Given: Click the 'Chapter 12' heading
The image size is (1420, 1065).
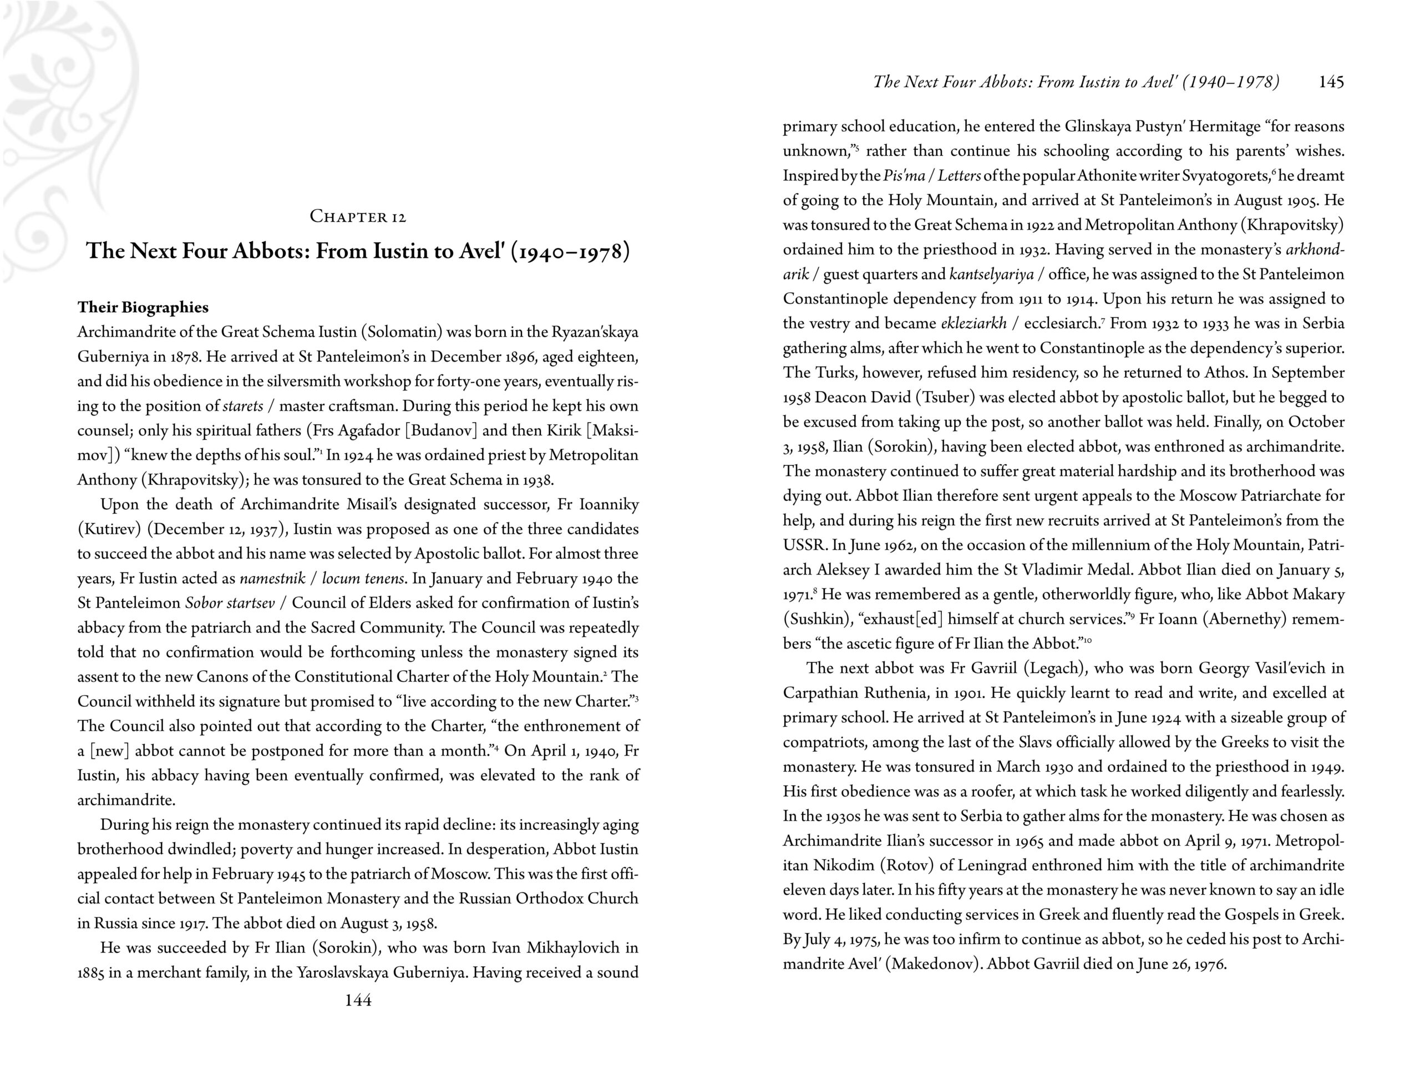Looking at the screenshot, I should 358,217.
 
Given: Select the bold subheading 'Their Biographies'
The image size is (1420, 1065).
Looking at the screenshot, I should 143,307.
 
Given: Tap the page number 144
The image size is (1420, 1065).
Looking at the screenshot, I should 358,1000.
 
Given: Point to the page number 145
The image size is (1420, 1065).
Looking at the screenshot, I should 1331,82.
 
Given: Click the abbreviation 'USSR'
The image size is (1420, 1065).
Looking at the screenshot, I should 803,546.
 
